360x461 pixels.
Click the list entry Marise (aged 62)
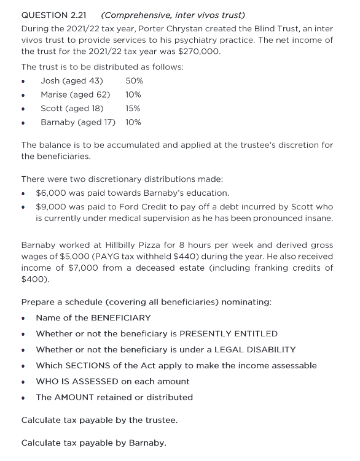pyautogui.click(x=75, y=95)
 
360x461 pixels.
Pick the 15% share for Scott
pyautogui.click(x=133, y=108)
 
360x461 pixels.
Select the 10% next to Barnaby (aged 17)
pyautogui.click(x=133, y=122)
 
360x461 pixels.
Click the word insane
pyautogui.click(x=318, y=218)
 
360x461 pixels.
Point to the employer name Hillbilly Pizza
pyautogui.click(x=138, y=244)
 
